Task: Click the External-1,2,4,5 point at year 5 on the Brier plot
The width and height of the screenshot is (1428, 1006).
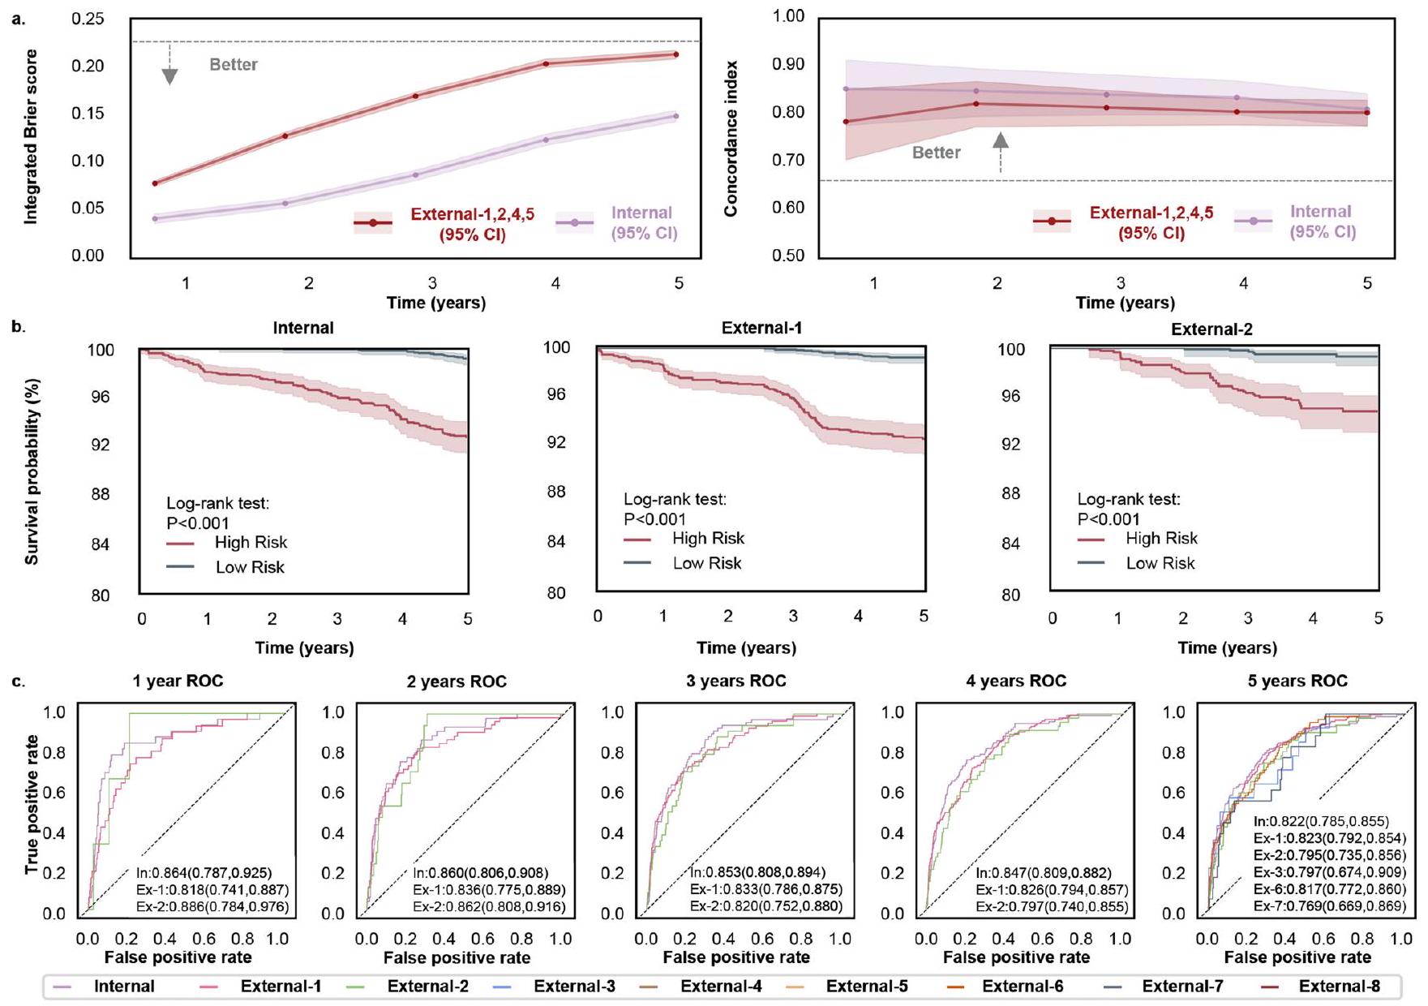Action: pyautogui.click(x=676, y=54)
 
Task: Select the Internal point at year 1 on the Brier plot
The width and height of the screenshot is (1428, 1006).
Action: pyautogui.click(x=155, y=218)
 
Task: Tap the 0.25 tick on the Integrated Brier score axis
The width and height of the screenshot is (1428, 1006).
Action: pyautogui.click(x=88, y=18)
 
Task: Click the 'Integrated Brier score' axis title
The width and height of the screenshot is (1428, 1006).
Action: pyautogui.click(x=31, y=136)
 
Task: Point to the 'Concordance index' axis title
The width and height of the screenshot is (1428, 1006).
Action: pyautogui.click(x=731, y=138)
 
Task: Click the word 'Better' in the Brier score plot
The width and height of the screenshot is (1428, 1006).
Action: pyautogui.click(x=234, y=65)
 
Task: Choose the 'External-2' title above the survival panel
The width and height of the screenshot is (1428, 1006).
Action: pyautogui.click(x=1211, y=329)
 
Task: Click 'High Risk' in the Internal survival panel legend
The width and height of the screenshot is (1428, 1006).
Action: pyautogui.click(x=251, y=543)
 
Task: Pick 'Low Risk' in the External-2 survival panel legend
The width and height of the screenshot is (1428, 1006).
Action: pyautogui.click(x=1160, y=563)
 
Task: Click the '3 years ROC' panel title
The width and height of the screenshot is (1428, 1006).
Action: pyautogui.click(x=735, y=681)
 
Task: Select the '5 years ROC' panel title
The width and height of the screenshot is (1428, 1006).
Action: pyautogui.click(x=1297, y=681)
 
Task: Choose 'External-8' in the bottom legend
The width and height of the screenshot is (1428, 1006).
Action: pyautogui.click(x=1339, y=987)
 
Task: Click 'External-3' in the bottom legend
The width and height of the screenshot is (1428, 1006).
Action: pyautogui.click(x=574, y=987)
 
